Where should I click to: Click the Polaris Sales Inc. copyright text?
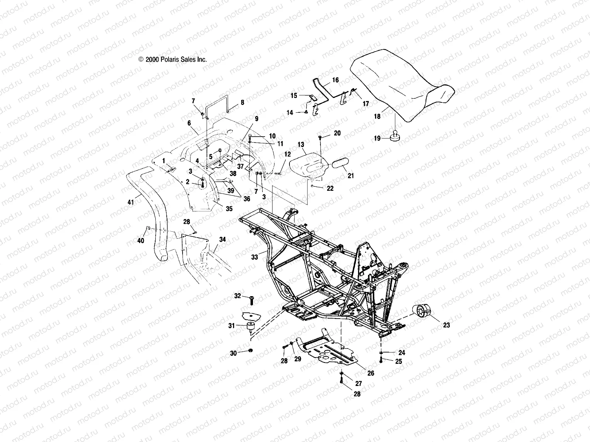[173, 59]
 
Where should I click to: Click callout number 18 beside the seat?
[377, 116]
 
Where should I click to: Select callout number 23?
[447, 325]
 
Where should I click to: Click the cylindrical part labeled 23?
[421, 311]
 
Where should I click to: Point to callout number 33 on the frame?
[254, 257]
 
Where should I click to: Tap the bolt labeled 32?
[251, 300]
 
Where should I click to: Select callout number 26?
[371, 373]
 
